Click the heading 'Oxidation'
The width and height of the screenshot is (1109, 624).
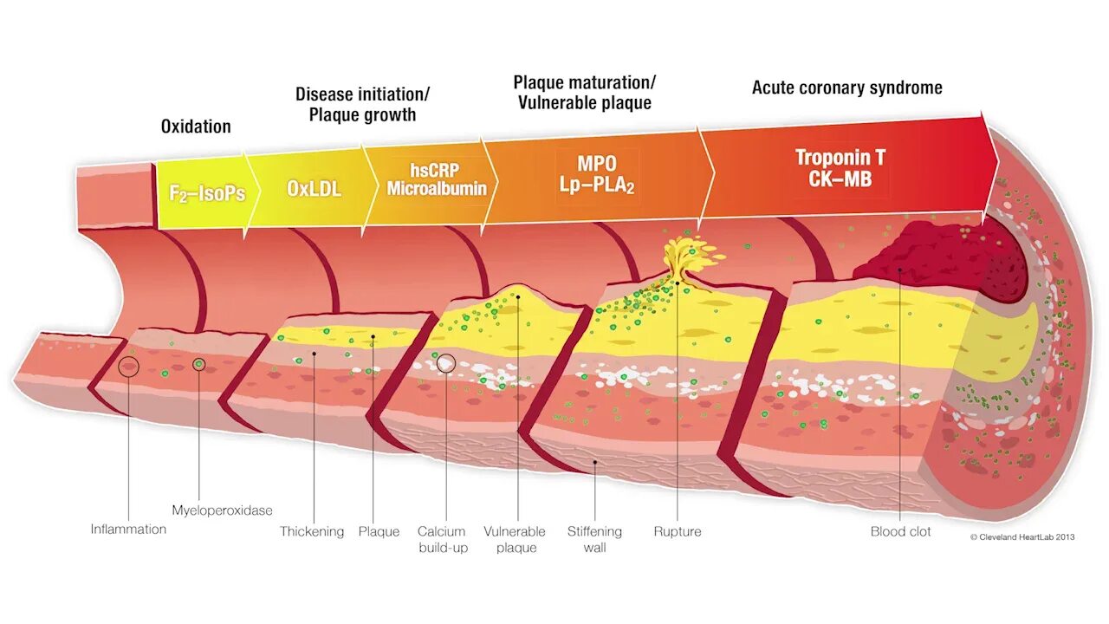(196, 127)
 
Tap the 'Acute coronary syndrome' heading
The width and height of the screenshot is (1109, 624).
(846, 88)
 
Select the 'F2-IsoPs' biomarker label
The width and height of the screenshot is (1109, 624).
(206, 193)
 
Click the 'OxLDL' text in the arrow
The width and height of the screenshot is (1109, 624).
(314, 188)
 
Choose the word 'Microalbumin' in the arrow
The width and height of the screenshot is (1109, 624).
(437, 189)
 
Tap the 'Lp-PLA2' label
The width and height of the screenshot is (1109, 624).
(596, 185)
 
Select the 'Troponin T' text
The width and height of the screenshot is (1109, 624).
(840, 158)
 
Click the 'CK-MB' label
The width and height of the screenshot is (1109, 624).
(840, 179)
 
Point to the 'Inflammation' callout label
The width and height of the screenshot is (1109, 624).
(128, 529)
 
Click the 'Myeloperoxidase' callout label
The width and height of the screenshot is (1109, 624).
(222, 510)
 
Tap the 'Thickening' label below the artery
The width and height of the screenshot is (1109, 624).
(312, 531)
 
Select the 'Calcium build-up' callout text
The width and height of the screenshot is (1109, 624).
(442, 539)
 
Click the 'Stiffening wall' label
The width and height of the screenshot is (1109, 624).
(594, 539)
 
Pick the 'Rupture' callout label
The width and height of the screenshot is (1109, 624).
(678, 531)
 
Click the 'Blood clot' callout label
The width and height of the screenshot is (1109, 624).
(900, 531)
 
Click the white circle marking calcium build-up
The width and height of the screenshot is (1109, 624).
(445, 362)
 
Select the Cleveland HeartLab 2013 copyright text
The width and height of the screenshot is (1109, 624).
(1022, 536)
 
